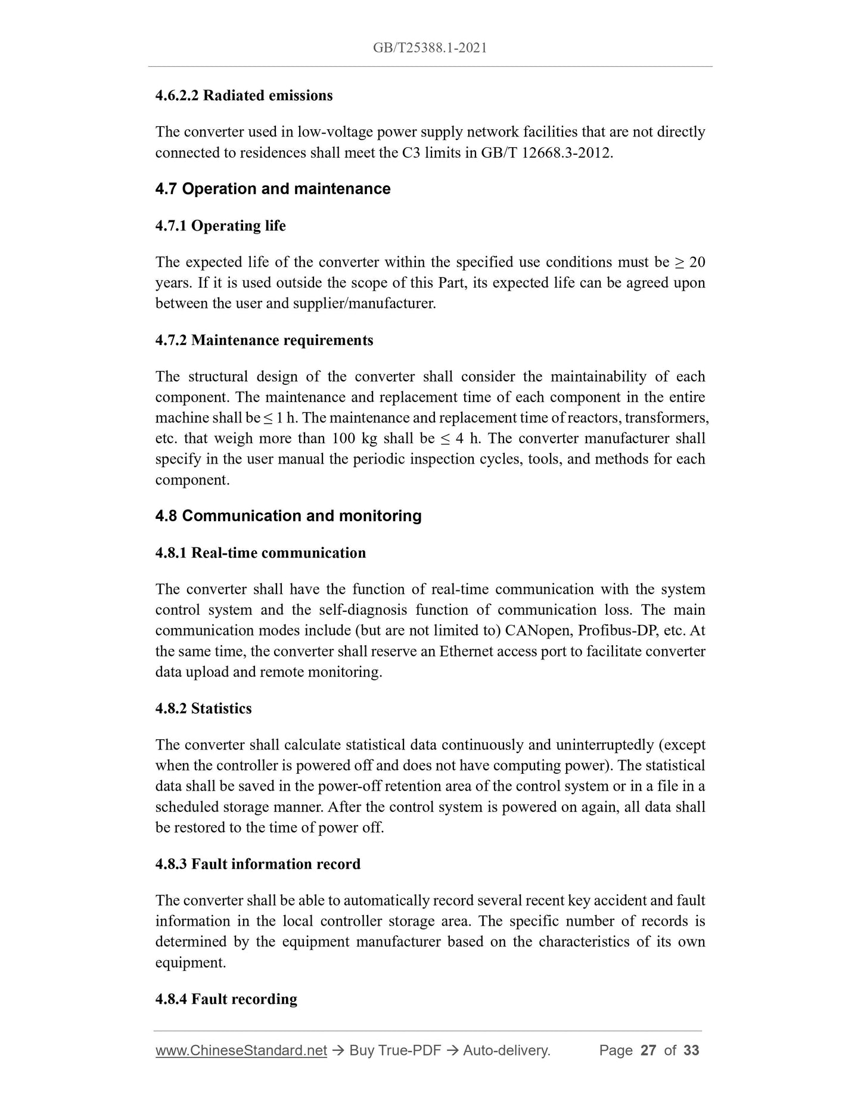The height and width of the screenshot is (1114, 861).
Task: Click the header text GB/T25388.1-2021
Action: click(430, 48)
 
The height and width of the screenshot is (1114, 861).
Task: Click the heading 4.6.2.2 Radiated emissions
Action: click(244, 95)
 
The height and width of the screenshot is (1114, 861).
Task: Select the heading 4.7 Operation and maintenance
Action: click(273, 189)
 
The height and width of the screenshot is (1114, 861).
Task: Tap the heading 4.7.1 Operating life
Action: click(220, 226)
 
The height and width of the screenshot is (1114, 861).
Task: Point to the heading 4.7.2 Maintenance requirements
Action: click(264, 340)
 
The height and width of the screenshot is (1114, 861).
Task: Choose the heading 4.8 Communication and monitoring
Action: click(288, 516)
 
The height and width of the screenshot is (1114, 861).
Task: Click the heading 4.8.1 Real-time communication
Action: click(260, 553)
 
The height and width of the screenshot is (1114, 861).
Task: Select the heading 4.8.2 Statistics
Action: click(203, 708)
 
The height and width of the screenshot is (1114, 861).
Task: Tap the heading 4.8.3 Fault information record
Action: click(257, 864)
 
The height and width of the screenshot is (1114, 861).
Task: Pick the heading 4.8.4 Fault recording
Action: click(226, 999)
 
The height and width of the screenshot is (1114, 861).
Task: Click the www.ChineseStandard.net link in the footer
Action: click(241, 1050)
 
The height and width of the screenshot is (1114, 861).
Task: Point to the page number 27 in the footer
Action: click(648, 1050)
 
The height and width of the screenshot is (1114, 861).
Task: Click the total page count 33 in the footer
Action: click(691, 1050)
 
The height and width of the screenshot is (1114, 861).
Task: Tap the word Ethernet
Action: click(466, 651)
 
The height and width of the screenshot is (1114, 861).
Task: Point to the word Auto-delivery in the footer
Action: click(506, 1050)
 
